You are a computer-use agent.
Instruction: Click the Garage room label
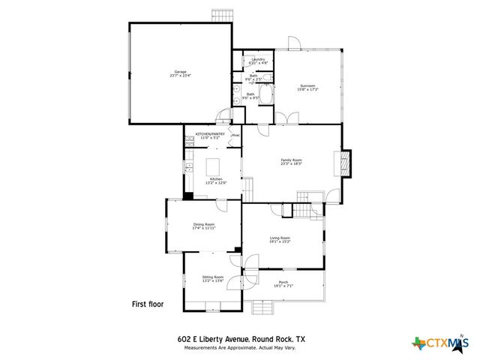click(x=180, y=72)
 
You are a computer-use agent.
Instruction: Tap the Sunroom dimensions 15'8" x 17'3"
click(x=307, y=90)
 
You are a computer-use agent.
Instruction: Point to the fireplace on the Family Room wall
click(x=345, y=161)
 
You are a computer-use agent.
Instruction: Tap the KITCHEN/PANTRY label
click(x=210, y=134)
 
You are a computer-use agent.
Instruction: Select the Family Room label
click(x=291, y=160)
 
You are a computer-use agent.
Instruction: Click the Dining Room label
click(x=204, y=224)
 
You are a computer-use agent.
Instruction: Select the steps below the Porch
click(x=264, y=307)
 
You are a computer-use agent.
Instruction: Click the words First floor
click(x=147, y=304)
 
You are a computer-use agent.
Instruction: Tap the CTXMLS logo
click(x=439, y=343)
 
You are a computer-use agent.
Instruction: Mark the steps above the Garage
click(x=222, y=15)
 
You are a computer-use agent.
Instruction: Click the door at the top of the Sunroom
click(x=293, y=45)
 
